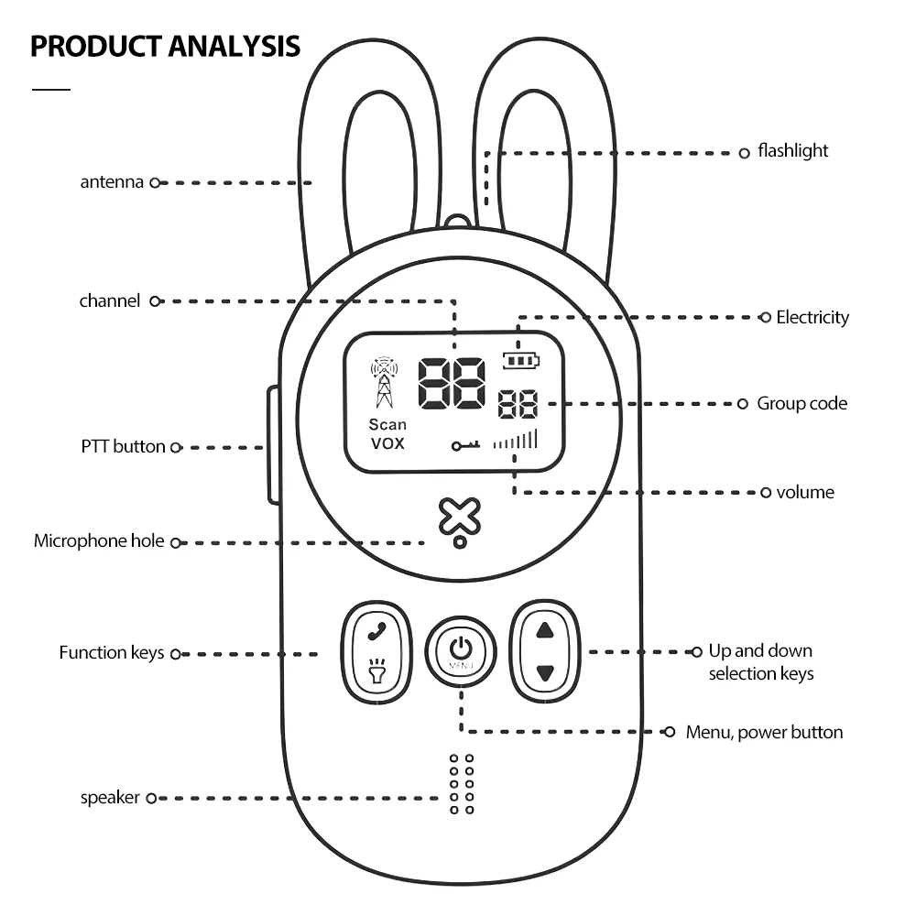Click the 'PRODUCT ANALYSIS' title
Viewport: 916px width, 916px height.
coord(165,46)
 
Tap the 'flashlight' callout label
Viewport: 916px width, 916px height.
coord(792,151)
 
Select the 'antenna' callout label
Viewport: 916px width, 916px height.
coord(112,182)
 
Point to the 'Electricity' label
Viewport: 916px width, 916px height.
coord(812,318)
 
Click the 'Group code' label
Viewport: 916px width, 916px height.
coord(801,404)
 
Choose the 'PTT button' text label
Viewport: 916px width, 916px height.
coord(123,447)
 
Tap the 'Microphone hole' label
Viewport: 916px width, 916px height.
coord(99,541)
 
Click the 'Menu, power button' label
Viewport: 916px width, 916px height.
coord(764,732)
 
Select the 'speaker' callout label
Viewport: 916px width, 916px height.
coord(110,798)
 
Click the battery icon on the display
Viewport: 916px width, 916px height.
coord(521,360)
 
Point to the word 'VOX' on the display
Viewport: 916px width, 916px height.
coord(387,444)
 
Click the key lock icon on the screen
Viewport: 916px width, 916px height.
coord(465,446)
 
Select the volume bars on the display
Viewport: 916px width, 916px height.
coord(516,441)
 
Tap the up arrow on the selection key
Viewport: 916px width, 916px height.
coord(545,630)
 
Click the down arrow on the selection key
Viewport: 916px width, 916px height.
coord(545,673)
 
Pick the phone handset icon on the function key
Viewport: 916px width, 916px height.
coord(375,631)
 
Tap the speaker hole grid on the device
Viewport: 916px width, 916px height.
coord(462,785)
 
